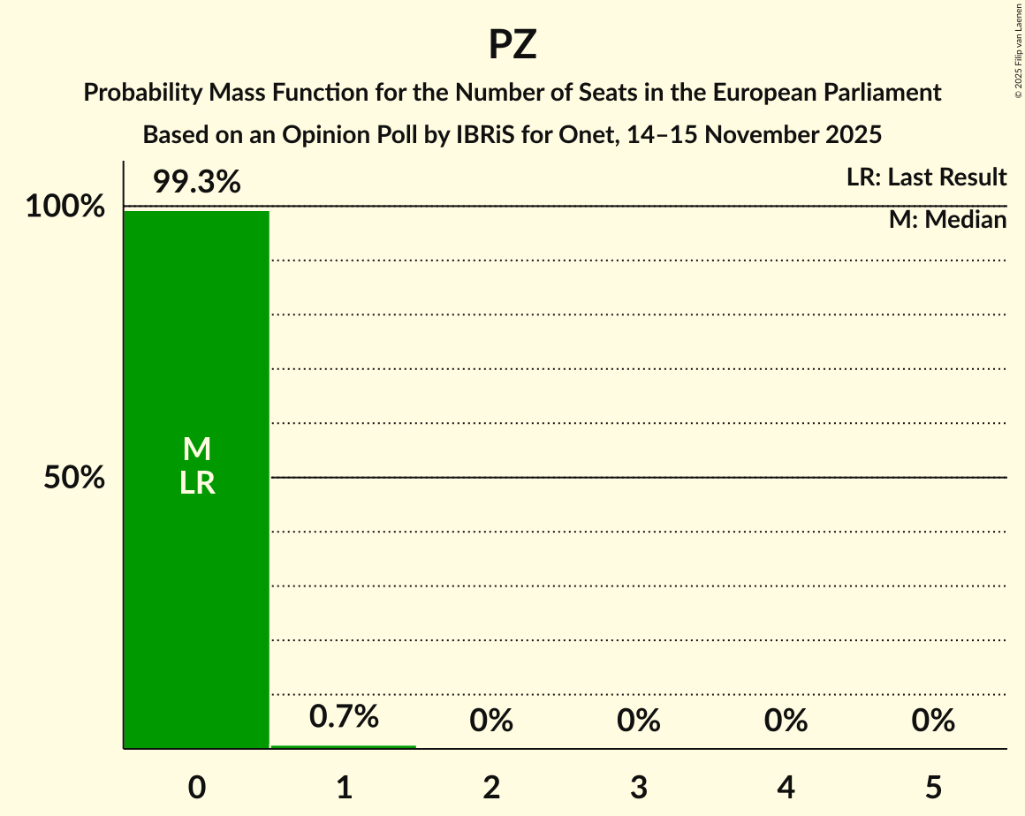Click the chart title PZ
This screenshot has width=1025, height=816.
coord(512,45)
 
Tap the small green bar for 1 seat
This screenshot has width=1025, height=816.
coord(343,747)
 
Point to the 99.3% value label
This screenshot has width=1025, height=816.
coord(196,182)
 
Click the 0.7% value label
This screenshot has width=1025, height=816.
coord(344,716)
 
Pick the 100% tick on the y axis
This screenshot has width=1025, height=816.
coord(65,208)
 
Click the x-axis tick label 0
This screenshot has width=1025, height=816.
coord(197,788)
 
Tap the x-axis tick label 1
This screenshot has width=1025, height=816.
coord(344,788)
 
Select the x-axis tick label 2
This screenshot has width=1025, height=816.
coord(491,788)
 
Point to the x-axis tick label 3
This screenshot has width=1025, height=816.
coord(639,788)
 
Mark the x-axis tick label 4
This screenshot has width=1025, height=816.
coord(786,788)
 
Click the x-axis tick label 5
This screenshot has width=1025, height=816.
coord(933,788)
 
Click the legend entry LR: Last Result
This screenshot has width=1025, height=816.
coord(926,178)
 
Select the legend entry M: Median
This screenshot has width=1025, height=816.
coord(947,220)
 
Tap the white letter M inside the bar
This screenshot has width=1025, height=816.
coord(196,450)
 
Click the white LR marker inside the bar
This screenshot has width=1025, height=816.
coord(196,483)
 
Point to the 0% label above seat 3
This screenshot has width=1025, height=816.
coord(639,721)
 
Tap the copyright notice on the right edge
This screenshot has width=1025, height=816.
coord(1018,49)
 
